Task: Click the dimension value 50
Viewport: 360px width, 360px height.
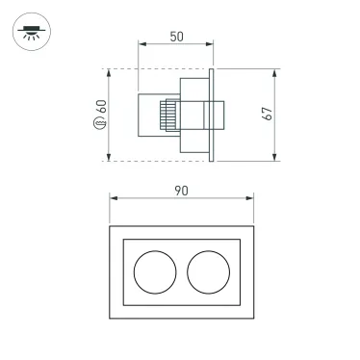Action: (x=175, y=36)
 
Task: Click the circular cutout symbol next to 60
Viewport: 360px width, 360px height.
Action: (x=100, y=125)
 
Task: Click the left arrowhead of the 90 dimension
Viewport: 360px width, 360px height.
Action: (x=112, y=199)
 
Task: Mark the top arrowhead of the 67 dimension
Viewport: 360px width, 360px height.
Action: (x=275, y=72)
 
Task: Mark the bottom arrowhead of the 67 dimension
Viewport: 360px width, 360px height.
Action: (x=275, y=158)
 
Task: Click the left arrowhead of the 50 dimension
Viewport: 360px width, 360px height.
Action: (x=141, y=45)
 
